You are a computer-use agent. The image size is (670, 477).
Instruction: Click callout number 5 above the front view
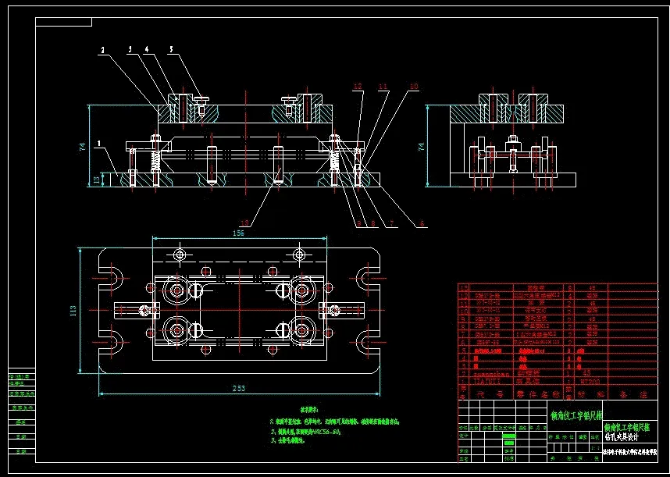(x=171, y=48)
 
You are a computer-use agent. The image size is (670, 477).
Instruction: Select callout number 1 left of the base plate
(x=99, y=143)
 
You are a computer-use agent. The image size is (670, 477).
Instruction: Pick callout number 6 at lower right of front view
(x=422, y=224)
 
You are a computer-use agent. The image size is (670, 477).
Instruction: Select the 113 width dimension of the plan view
(x=73, y=311)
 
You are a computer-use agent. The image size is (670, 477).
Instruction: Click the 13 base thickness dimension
(x=97, y=180)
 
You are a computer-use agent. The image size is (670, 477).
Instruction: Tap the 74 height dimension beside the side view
(x=422, y=146)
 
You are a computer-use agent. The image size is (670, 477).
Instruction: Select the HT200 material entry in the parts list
(x=587, y=382)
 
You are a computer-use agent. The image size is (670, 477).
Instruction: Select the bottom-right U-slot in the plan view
(x=369, y=341)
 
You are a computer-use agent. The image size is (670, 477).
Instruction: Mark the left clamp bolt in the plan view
(x=144, y=311)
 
